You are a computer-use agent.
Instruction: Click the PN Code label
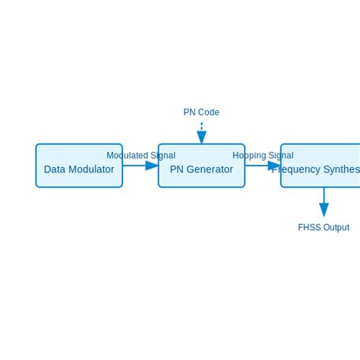(201, 112)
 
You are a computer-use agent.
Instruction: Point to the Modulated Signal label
(141, 156)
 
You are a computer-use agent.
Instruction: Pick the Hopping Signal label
(263, 156)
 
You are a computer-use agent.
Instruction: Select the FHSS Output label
(324, 227)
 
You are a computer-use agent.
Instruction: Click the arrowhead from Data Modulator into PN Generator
(152, 166)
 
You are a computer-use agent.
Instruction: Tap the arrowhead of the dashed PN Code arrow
(201, 137)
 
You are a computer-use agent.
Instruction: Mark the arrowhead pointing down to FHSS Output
(324, 210)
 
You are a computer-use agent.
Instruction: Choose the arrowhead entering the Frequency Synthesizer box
(274, 166)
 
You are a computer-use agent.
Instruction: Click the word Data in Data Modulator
(55, 169)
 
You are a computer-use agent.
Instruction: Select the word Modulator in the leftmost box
(91, 169)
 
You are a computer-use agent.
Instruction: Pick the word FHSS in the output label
(309, 227)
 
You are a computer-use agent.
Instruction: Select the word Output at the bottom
(336, 227)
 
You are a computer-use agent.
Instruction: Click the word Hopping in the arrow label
(249, 156)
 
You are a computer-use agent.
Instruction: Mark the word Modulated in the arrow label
(126, 156)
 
